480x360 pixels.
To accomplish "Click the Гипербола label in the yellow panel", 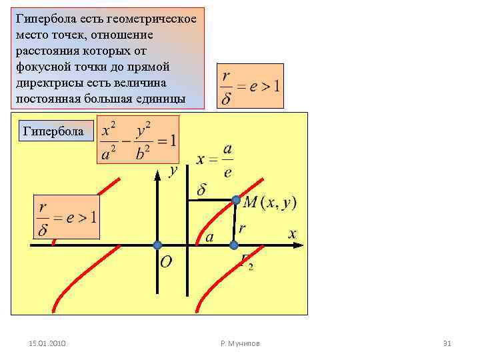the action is (53, 131).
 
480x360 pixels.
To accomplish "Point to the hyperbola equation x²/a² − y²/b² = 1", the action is (138, 141).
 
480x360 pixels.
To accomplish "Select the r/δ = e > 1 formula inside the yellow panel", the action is (67, 217).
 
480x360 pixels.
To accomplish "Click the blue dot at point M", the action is (236, 200).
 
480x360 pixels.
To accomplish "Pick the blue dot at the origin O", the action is (157, 245).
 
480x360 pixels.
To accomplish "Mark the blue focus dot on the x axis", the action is (233, 245).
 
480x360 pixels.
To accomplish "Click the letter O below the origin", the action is (165, 262).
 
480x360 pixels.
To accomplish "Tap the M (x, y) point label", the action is (270, 202).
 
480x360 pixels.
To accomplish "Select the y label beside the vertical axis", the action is (173, 171).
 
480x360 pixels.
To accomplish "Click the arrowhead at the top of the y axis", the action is (157, 175).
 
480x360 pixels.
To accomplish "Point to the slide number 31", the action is (447, 343).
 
